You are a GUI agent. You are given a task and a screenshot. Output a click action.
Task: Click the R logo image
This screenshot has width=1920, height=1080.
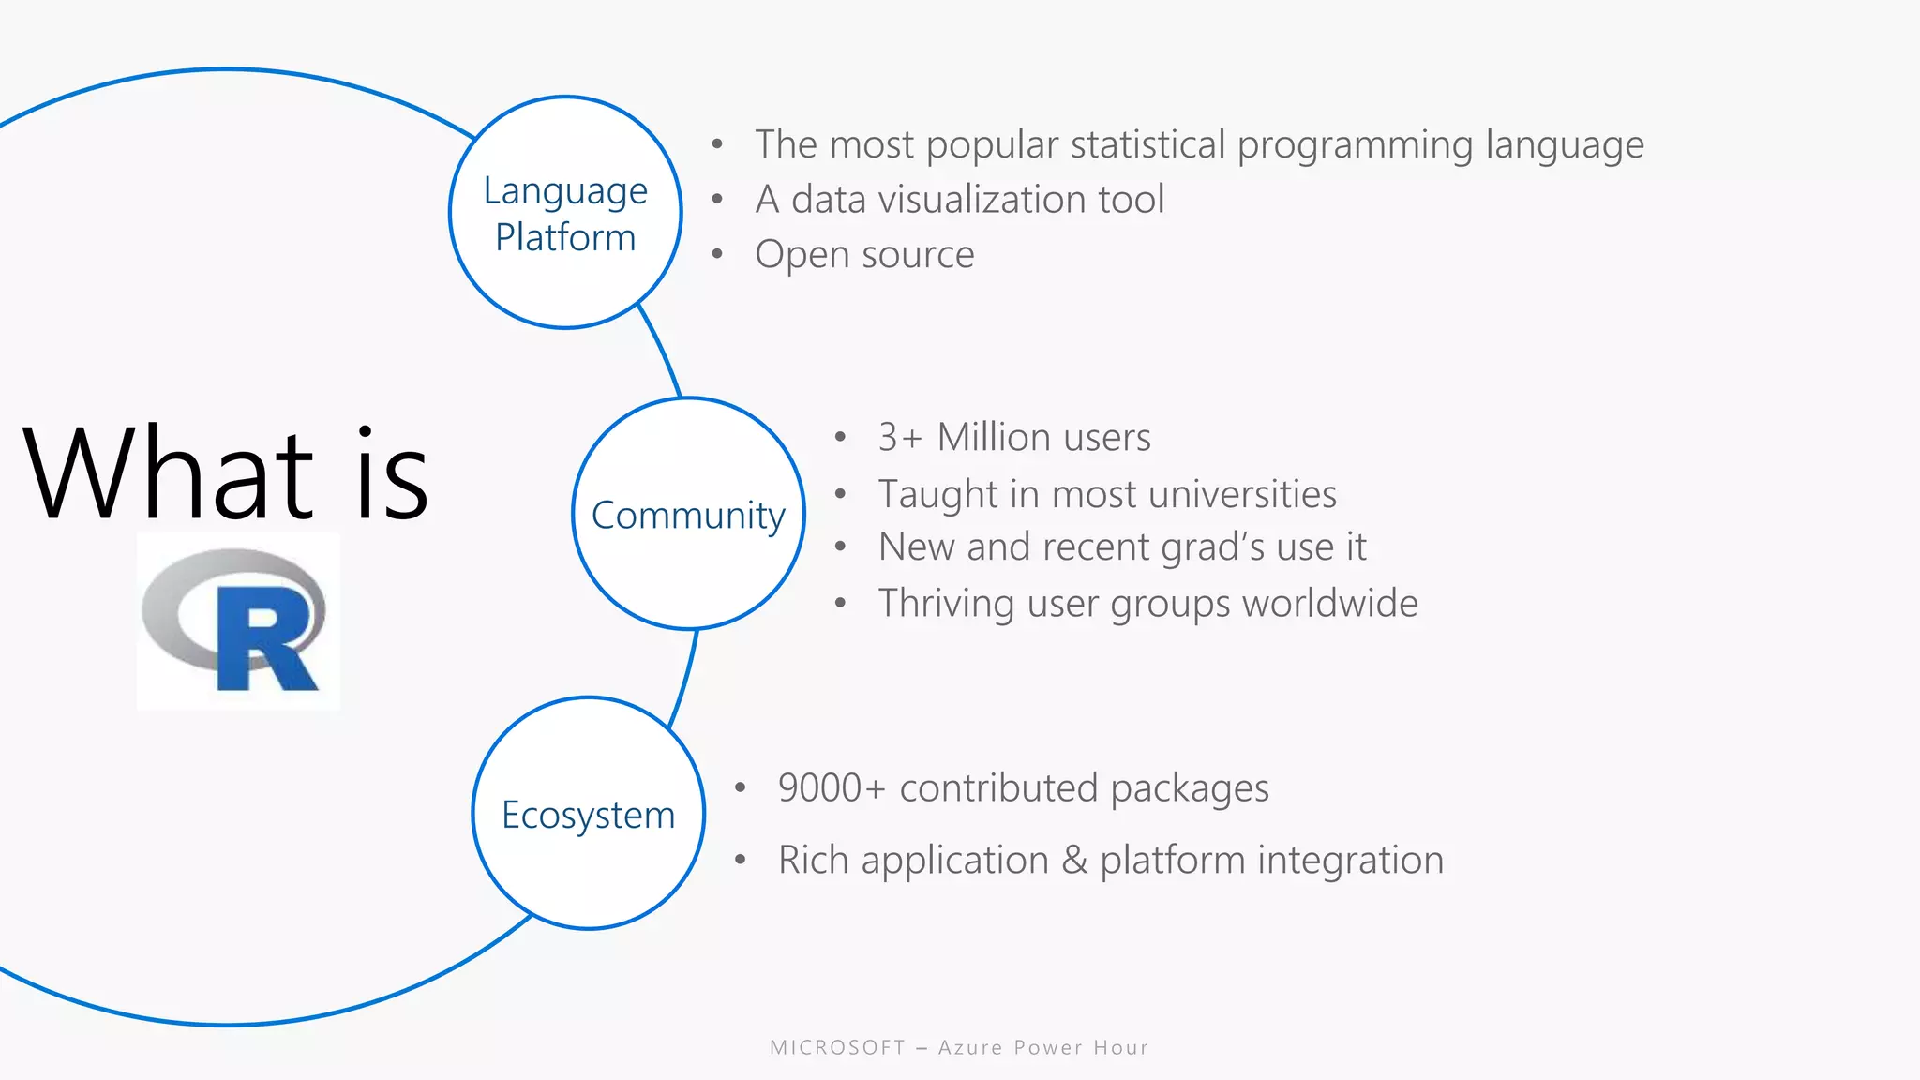click(x=238, y=621)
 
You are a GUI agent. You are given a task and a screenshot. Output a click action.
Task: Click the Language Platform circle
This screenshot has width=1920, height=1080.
click(x=565, y=213)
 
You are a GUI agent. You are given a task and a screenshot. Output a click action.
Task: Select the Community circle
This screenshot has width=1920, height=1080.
click(x=688, y=514)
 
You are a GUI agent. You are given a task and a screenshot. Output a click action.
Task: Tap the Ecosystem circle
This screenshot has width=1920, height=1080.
click(x=588, y=814)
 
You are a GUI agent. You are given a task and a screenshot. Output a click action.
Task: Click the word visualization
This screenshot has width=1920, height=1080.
click(x=982, y=200)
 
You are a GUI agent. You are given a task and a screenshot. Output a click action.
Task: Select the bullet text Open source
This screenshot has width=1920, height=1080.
click(x=864, y=255)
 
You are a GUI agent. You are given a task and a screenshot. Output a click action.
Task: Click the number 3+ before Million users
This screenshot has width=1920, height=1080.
click(x=900, y=438)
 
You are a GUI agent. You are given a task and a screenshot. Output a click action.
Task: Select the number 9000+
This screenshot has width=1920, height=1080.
click(x=832, y=788)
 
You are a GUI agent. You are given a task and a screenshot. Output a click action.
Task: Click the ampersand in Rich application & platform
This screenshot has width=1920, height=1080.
click(x=1074, y=861)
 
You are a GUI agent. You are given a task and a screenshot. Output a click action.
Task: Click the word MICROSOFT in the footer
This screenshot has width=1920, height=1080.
click(x=837, y=1048)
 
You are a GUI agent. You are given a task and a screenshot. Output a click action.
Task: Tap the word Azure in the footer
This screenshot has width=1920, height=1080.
click(x=970, y=1048)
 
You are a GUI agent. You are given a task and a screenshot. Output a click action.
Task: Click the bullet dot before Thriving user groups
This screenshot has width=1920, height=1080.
click(x=840, y=604)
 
